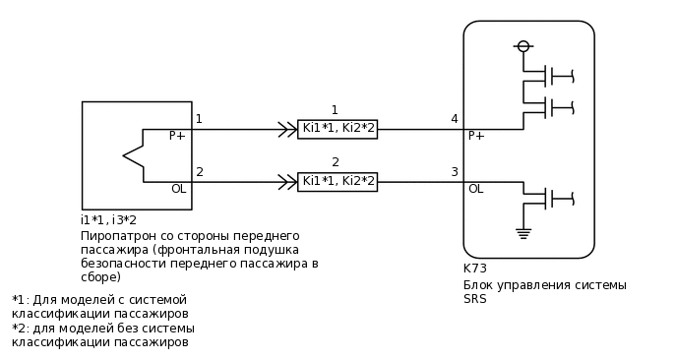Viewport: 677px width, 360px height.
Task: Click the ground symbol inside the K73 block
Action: click(523, 233)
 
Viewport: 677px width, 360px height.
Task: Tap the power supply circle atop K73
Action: click(523, 46)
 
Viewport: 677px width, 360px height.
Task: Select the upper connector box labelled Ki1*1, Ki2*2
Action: click(338, 129)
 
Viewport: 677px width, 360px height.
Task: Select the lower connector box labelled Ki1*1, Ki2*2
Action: click(338, 181)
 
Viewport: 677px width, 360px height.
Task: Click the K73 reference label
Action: click(474, 269)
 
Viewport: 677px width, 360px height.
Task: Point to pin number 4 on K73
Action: click(454, 119)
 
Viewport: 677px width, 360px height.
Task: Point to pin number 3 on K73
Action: click(454, 172)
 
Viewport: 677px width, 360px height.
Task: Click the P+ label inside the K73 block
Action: click(476, 136)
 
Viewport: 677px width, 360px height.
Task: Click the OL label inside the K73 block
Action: click(475, 189)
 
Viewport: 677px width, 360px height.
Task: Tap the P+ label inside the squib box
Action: click(177, 136)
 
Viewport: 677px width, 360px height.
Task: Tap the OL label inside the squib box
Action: click(178, 189)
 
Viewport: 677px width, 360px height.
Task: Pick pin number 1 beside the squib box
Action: click(199, 119)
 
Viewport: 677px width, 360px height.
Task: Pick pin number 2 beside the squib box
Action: click(200, 172)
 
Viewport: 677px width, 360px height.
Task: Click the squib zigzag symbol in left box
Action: click(133, 155)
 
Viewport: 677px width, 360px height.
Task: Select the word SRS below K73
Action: click(474, 299)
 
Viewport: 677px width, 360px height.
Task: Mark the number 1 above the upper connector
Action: click(335, 110)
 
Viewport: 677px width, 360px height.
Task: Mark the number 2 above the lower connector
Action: click(336, 162)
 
